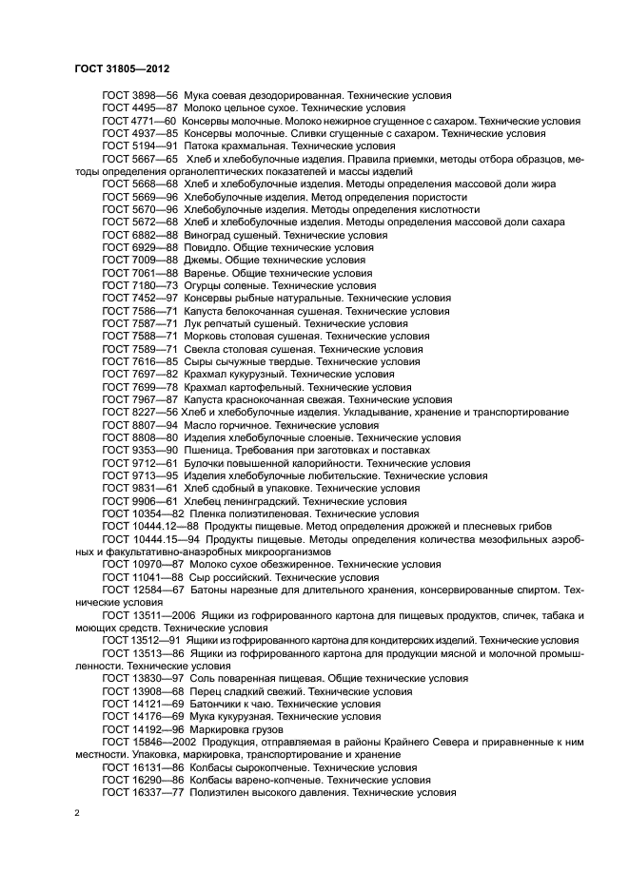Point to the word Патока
click(x=203, y=146)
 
